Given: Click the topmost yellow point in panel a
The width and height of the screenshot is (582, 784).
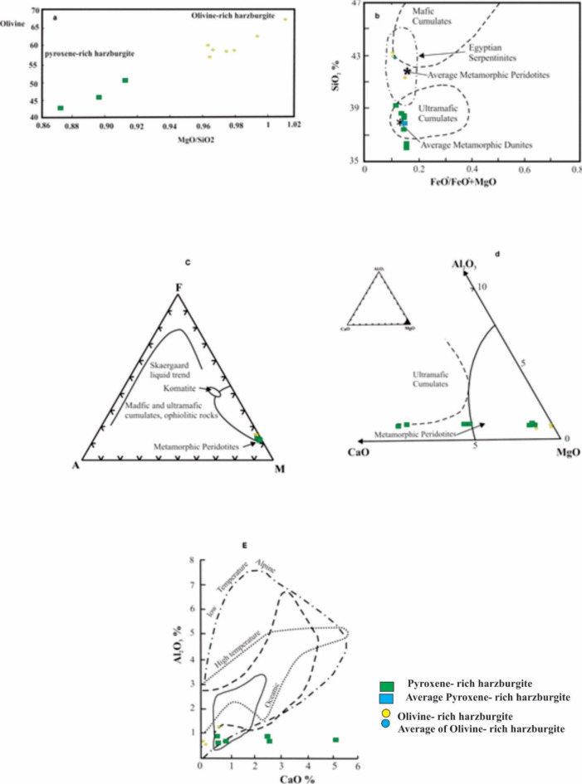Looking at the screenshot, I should (x=285, y=19).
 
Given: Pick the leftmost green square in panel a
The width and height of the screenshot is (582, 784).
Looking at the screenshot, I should (x=61, y=108).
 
